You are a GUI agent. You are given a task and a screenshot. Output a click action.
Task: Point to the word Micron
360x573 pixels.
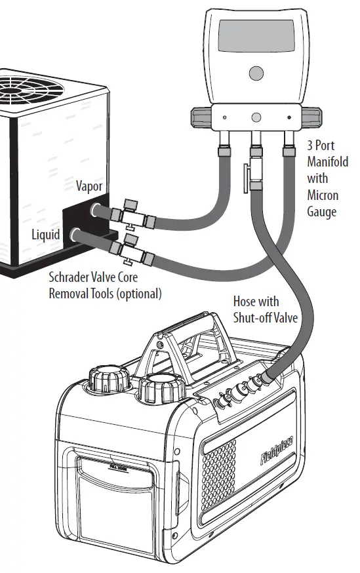pyautogui.click(x=323, y=195)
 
